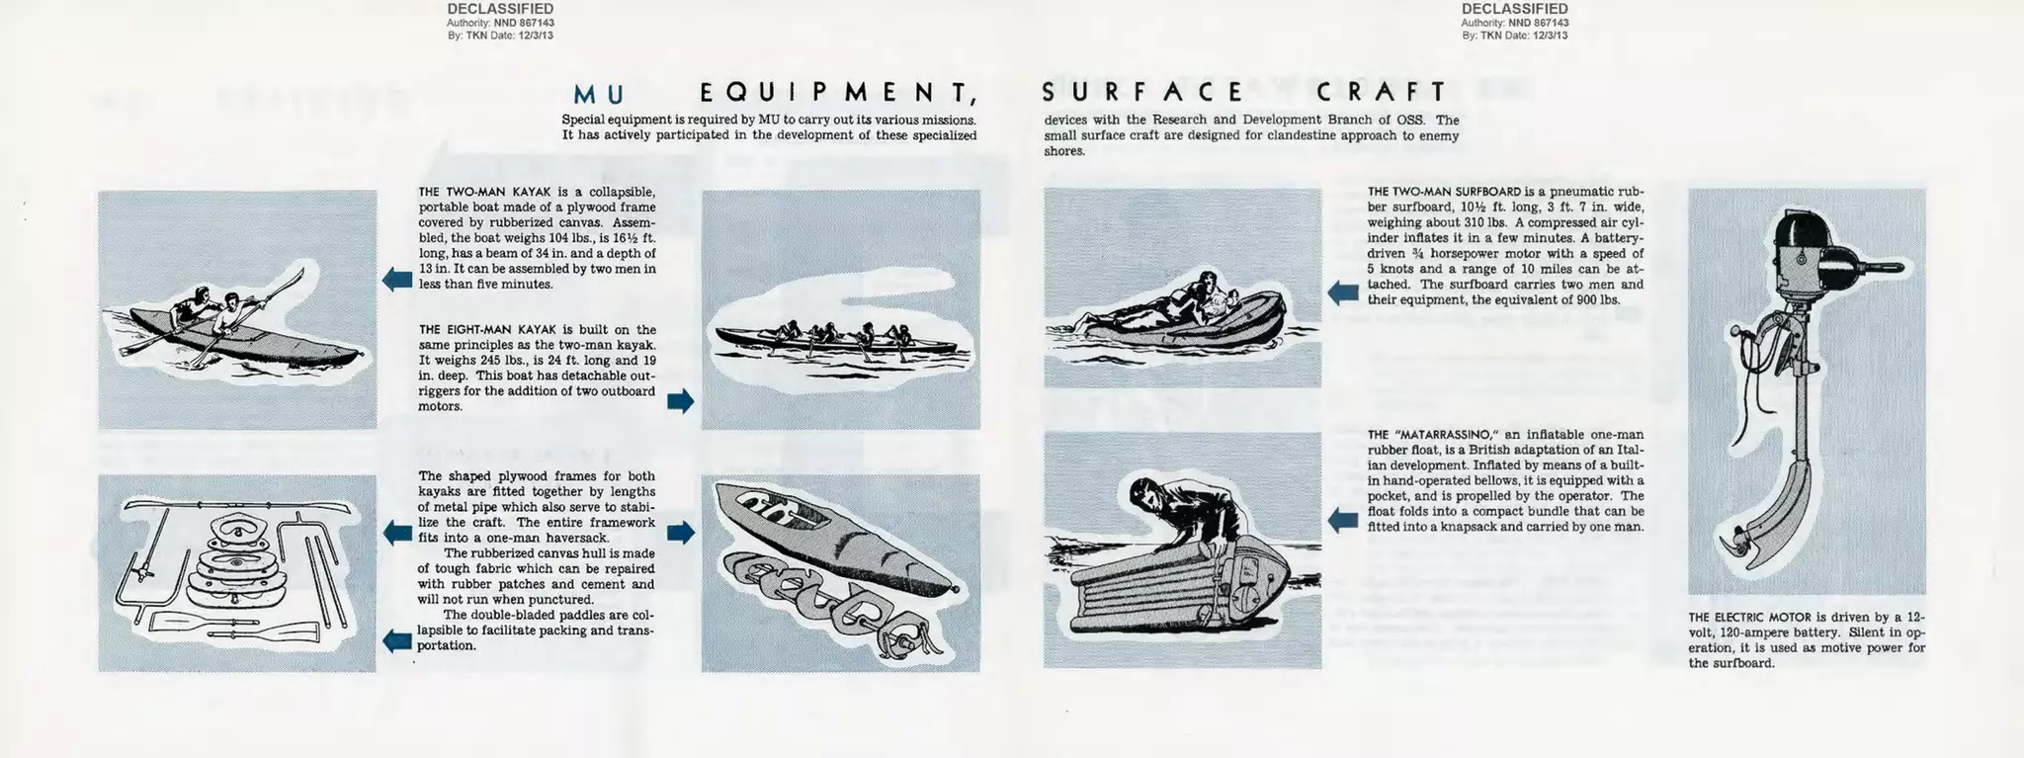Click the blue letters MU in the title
[599, 94]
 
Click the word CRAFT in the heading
[1382, 92]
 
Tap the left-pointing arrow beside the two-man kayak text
[397, 279]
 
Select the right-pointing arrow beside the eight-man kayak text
[681, 400]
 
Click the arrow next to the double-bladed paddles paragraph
[397, 640]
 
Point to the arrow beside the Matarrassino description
[1342, 520]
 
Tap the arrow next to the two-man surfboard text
[1342, 292]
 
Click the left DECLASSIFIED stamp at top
[500, 9]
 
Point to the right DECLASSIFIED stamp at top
[1514, 9]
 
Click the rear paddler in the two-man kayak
[195, 305]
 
